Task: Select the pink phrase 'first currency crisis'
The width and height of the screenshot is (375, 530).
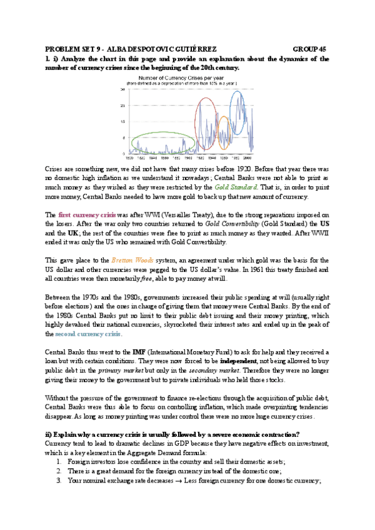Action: (84, 214)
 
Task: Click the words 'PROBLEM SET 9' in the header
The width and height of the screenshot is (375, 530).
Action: (74, 49)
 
